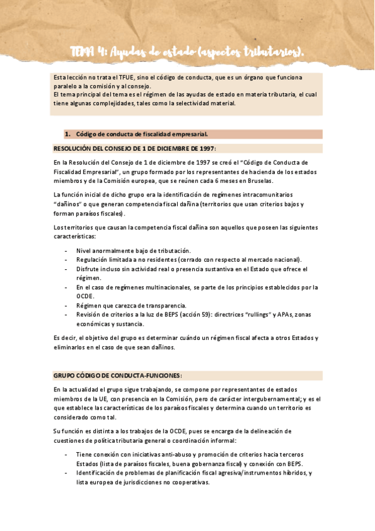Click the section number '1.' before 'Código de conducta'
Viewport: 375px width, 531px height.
click(x=68, y=134)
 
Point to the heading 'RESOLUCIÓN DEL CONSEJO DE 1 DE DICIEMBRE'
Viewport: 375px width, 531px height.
click(x=134, y=148)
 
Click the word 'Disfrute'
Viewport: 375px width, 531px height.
click(x=88, y=269)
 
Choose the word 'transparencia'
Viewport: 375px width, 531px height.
click(x=150, y=306)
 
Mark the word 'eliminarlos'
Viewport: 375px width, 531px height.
click(x=70, y=348)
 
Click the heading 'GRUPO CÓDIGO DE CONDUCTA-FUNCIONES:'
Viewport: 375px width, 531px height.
click(x=117, y=376)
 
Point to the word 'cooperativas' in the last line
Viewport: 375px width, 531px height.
click(x=190, y=482)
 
